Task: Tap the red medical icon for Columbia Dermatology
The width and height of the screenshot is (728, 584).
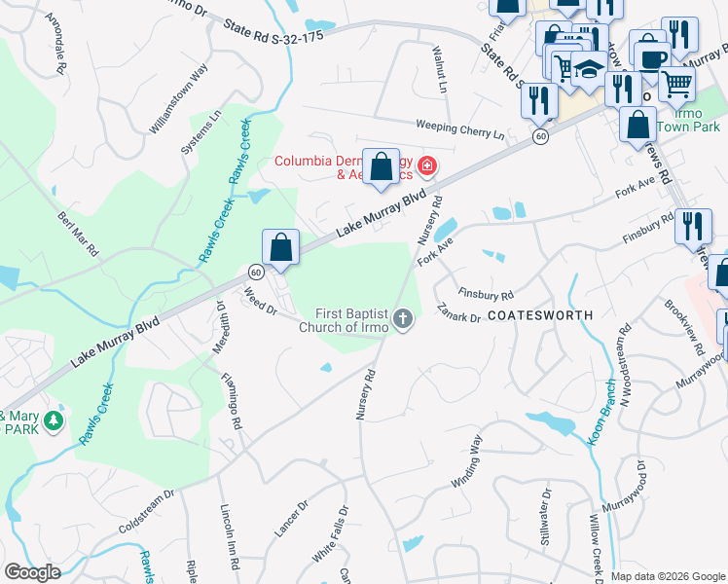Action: pyautogui.click(x=425, y=168)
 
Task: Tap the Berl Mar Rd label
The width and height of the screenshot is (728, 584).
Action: pyautogui.click(x=79, y=234)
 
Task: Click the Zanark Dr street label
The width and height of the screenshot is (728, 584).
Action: pyautogui.click(x=459, y=311)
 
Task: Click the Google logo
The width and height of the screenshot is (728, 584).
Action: pyautogui.click(x=32, y=572)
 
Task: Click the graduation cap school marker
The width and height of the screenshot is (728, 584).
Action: pyautogui.click(x=588, y=68)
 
